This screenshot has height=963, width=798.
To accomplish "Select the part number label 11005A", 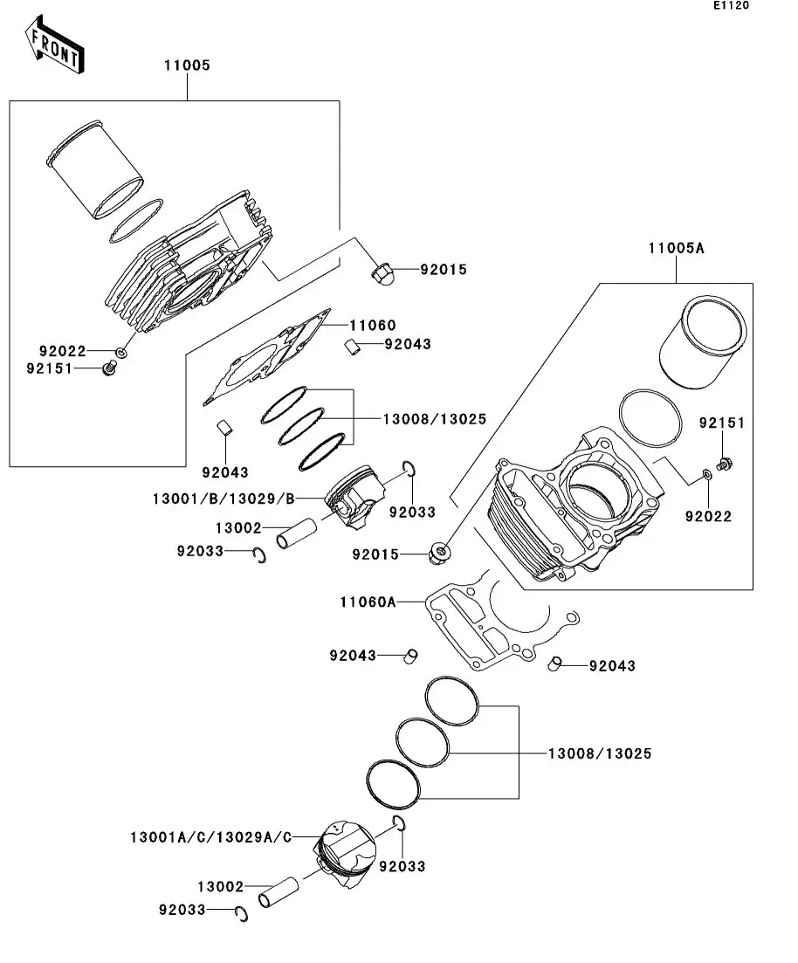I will click(x=676, y=248).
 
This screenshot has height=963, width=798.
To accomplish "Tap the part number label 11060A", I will click(x=368, y=602).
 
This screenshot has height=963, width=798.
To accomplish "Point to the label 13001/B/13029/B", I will click(x=224, y=499).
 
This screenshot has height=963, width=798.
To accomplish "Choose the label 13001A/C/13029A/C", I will click(x=210, y=837).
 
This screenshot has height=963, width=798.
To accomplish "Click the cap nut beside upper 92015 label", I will click(x=382, y=274).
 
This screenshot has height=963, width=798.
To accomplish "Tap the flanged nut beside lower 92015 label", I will click(x=440, y=552).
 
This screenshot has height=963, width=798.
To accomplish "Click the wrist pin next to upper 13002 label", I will click(x=299, y=534).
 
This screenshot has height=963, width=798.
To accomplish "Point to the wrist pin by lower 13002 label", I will click(x=278, y=892).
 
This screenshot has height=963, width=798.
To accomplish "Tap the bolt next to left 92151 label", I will click(x=109, y=370).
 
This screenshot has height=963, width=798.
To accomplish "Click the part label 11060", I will click(x=373, y=326).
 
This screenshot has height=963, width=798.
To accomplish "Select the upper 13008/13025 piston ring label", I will click(x=434, y=419).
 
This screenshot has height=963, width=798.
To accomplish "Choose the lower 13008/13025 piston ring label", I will click(x=599, y=753).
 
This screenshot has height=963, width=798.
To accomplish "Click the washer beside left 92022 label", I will click(x=121, y=353).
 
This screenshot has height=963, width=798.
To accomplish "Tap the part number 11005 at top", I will click(x=187, y=65).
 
